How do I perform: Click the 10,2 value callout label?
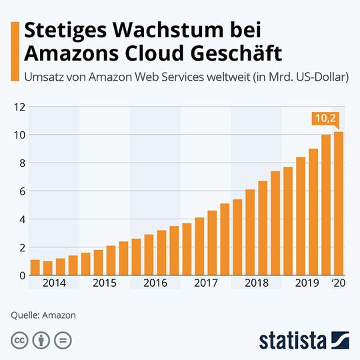[x=325, y=119]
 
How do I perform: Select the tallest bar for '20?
[x=339, y=203]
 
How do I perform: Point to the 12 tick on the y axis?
[x=19, y=107]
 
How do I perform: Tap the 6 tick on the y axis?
[x=21, y=191]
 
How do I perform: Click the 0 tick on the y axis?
[x=21, y=275]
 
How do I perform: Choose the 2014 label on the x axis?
[x=54, y=283]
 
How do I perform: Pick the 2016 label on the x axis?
[x=155, y=283]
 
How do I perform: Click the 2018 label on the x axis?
[x=257, y=283]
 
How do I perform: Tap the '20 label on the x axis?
[x=339, y=283]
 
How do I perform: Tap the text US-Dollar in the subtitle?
[x=318, y=77]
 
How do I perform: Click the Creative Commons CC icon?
[x=20, y=339]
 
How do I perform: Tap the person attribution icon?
[x=41, y=339]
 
